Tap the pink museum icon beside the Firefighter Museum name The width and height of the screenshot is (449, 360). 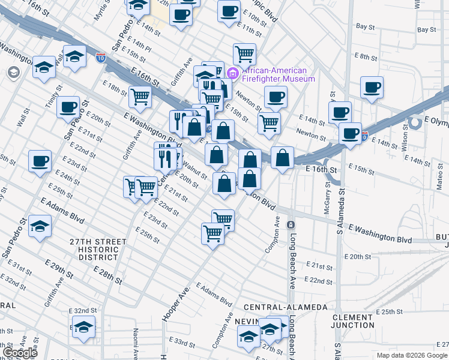232,74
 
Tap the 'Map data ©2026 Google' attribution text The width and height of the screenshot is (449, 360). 412,355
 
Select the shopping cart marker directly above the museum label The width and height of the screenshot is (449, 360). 244,54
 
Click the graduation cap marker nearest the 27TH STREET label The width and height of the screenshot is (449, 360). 40,226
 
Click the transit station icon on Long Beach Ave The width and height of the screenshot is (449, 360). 291,224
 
